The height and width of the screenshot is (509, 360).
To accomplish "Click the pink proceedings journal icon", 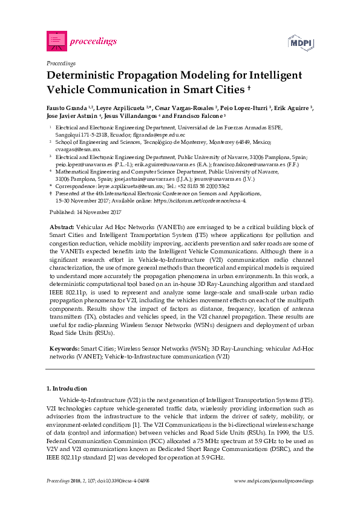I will coord(56,41).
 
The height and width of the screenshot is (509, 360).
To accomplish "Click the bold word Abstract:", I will coord(62,226).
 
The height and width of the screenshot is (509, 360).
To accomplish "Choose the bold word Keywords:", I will coord(64,349).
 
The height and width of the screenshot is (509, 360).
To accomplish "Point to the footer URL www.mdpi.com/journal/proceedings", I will coord(273,480).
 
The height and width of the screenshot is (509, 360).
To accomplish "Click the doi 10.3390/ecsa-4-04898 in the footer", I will coord(128,480).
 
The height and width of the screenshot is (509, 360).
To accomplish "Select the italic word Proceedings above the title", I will coord(61,63).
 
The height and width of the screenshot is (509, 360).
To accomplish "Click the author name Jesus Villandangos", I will coord(131,115).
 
